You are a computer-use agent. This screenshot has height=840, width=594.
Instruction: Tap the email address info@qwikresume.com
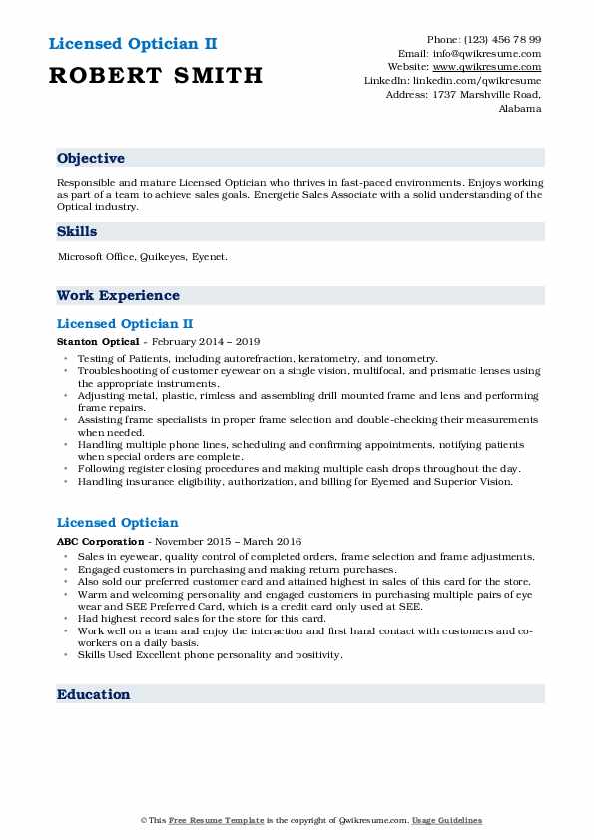coord(498,53)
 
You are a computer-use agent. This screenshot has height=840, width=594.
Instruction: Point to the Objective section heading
coord(91,159)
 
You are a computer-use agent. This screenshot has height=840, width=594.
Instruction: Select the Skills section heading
coord(77,232)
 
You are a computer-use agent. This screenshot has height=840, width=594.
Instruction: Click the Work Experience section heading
coord(118,296)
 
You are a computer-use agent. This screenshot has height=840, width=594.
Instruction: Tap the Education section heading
coord(93,695)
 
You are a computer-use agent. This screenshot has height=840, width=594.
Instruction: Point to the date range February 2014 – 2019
coord(206,341)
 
